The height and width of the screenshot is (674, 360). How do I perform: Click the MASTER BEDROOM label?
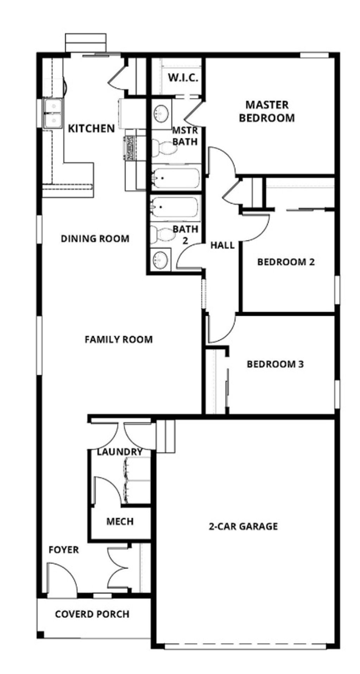[x=266, y=111]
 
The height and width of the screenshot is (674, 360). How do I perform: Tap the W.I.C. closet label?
[x=183, y=78]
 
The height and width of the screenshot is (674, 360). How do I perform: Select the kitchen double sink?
[x=53, y=113]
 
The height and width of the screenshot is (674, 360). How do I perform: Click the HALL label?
[x=222, y=245]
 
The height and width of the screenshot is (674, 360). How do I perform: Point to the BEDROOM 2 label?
[x=286, y=262]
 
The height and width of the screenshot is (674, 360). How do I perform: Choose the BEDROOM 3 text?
[x=275, y=364]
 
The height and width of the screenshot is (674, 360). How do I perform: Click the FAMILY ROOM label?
[x=118, y=339]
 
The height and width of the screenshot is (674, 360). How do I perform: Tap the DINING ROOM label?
[x=95, y=239]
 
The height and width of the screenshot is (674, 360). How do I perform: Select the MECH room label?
[x=120, y=521]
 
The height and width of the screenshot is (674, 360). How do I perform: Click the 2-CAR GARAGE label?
[x=243, y=526]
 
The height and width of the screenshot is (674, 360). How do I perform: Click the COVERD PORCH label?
[x=92, y=614]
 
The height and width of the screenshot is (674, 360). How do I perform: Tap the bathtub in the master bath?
[x=175, y=179]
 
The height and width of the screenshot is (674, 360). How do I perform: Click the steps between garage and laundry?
[x=166, y=436]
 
